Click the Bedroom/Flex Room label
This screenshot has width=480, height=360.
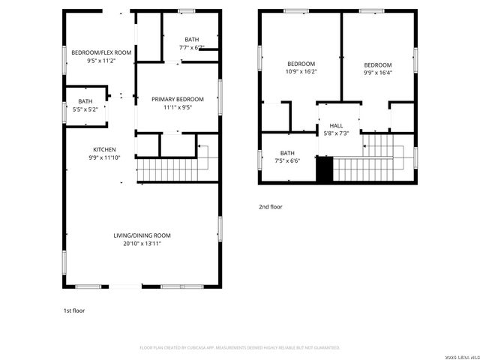[101, 52]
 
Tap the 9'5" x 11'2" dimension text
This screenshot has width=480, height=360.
[101, 61]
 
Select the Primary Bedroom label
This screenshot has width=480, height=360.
[177, 99]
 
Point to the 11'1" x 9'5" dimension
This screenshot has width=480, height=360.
[177, 107]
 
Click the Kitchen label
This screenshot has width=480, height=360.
[104, 149]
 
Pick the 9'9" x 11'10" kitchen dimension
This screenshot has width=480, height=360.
[104, 157]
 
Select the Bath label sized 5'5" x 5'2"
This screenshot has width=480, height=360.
[85, 101]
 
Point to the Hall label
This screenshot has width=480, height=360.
[336, 126]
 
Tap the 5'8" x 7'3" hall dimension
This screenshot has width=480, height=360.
[336, 133]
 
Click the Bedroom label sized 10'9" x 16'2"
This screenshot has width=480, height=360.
[301, 64]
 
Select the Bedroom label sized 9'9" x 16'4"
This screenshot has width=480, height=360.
[378, 65]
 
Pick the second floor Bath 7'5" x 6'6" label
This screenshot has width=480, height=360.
[288, 153]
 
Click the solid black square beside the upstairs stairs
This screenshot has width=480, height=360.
[324, 169]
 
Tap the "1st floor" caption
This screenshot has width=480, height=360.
[74, 309]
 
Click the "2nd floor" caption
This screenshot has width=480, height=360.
[271, 206]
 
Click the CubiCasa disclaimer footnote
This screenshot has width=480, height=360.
[240, 347]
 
